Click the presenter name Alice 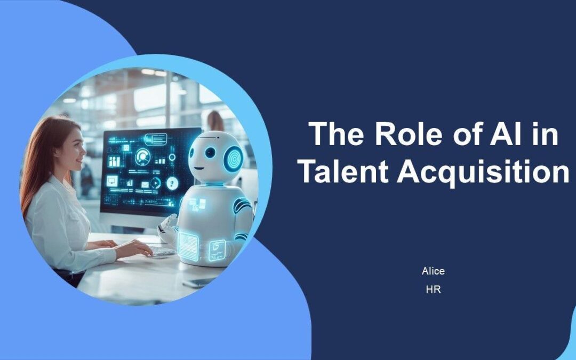433,271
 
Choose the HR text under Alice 433,290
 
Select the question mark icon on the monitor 172,183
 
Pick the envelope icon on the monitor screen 145,185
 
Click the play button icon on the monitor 156,183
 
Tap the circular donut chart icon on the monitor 142,157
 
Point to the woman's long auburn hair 40,160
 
